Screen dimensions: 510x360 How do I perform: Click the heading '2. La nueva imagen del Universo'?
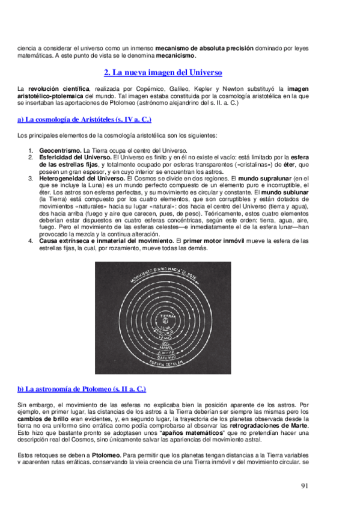click(x=163, y=72)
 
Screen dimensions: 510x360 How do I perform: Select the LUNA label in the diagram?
click(x=166, y=328)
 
